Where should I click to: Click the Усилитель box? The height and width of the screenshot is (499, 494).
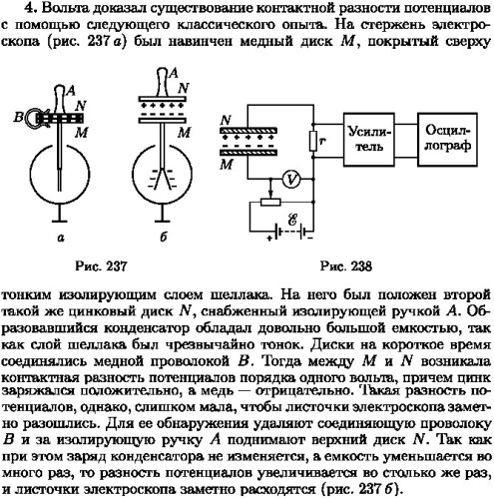pyautogui.click(x=368, y=139)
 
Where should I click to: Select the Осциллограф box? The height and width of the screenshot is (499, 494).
pyautogui.click(x=447, y=139)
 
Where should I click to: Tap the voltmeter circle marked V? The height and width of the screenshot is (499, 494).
pyautogui.click(x=291, y=180)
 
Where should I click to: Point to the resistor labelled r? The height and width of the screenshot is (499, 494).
pyautogui.click(x=313, y=141)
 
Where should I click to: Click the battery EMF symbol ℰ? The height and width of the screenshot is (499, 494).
pyautogui.click(x=292, y=220)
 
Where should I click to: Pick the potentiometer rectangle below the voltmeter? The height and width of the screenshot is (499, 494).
pyautogui.click(x=270, y=202)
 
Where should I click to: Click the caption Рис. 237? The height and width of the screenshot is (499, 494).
pyautogui.click(x=101, y=266)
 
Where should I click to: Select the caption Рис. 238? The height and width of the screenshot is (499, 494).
pyautogui.click(x=346, y=266)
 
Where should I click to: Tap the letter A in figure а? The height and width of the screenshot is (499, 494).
pyautogui.click(x=71, y=91)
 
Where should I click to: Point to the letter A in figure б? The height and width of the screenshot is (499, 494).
pyautogui.click(x=174, y=73)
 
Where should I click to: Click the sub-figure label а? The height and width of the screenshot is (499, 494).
pyautogui.click(x=61, y=238)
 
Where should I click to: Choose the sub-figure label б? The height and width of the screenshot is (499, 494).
pyautogui.click(x=163, y=237)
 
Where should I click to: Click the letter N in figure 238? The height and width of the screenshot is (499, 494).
pyautogui.click(x=226, y=120)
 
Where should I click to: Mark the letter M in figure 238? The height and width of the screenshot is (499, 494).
pyautogui.click(x=227, y=165)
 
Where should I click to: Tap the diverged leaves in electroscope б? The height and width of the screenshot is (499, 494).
pyautogui.click(x=163, y=179)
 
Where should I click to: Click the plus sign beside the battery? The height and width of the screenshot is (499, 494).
pyautogui.click(x=269, y=238)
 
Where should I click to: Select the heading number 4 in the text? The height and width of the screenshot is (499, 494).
pyautogui.click(x=29, y=9)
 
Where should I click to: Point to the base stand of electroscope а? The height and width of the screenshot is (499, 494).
pyautogui.click(x=60, y=214)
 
